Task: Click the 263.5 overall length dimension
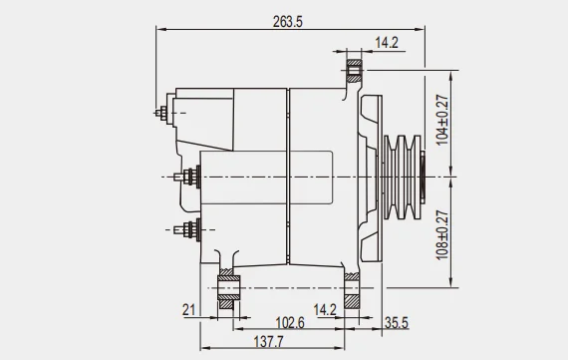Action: click(288, 22)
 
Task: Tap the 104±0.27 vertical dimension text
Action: click(442, 120)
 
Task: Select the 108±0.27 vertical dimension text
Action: click(442, 235)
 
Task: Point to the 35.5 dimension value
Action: click(397, 323)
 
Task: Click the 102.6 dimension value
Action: click(290, 323)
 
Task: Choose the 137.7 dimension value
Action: click(268, 341)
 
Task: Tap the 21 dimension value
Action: click(188, 310)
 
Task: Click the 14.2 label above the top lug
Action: click(387, 43)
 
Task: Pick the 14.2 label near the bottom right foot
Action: click(325, 310)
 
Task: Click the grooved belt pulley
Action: click(403, 178)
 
